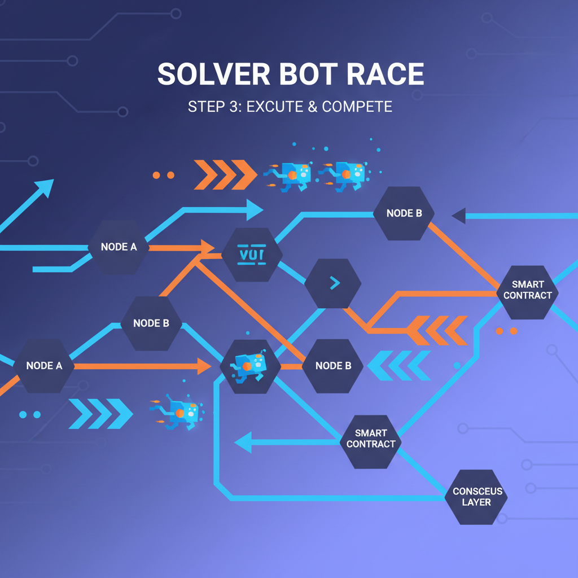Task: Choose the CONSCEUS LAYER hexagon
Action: click(x=477, y=497)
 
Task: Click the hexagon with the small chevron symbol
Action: click(x=333, y=283)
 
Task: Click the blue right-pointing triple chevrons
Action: click(x=100, y=414)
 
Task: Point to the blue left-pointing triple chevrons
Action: click(x=399, y=365)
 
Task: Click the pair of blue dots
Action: click(x=29, y=414)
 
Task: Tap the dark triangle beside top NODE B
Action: click(x=458, y=215)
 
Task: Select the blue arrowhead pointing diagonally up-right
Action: click(x=44, y=188)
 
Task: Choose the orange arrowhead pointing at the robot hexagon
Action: click(x=204, y=366)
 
